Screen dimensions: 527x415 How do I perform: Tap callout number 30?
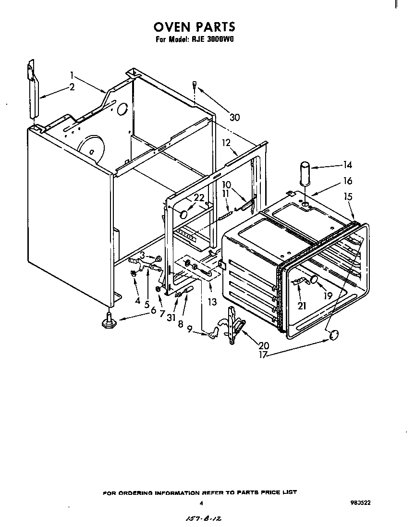click(x=234, y=117)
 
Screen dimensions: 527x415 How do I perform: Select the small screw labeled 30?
click(x=194, y=85)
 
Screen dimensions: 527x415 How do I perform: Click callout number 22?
click(x=198, y=197)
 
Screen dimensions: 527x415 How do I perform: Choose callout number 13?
click(x=212, y=302)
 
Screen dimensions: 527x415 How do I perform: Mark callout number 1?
click(x=72, y=75)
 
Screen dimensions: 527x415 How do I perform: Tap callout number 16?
click(x=347, y=181)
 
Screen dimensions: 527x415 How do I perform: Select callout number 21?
click(x=302, y=306)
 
